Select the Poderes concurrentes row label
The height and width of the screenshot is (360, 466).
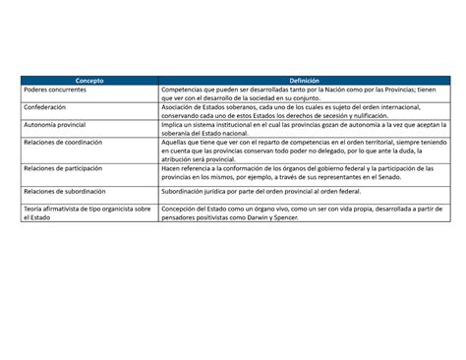tap(57, 90)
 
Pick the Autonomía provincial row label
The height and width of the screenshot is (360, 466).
tap(57, 126)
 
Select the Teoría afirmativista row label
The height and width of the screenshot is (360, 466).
tap(87, 210)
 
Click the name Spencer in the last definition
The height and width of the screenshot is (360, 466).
tap(311, 217)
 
